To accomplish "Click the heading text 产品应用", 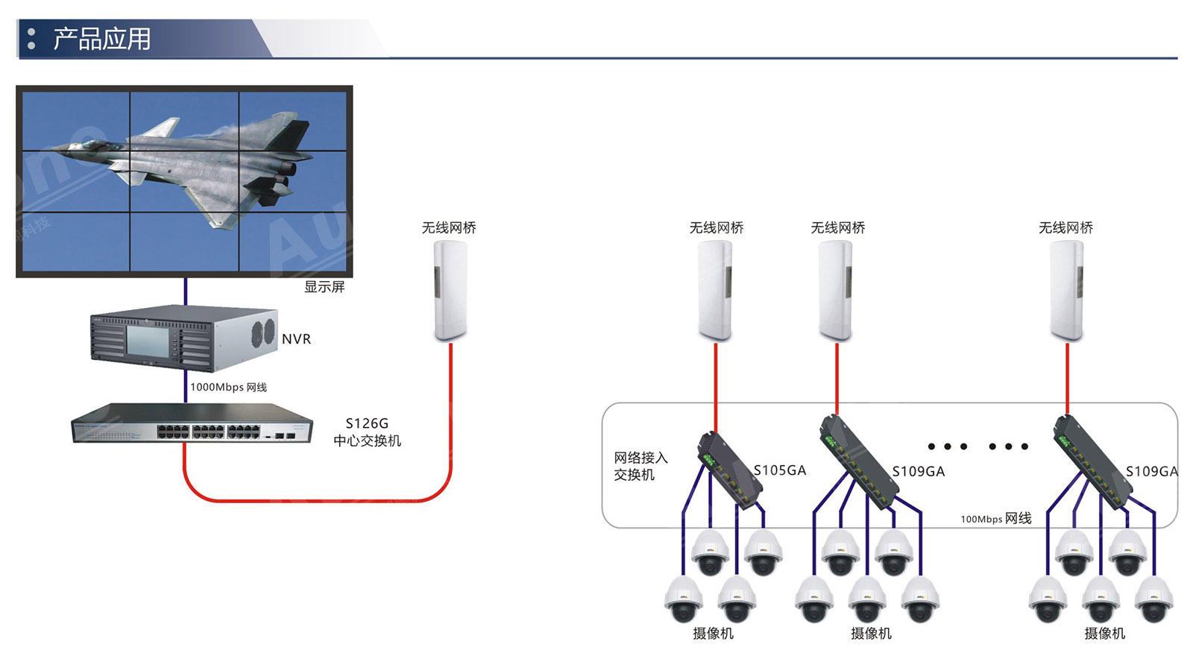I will pyautogui.click(x=101, y=39).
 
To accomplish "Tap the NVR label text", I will pyautogui.click(x=296, y=339).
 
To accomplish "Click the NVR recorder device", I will pyautogui.click(x=183, y=338).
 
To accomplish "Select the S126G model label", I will pyautogui.click(x=367, y=423).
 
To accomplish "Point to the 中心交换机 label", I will pyautogui.click(x=367, y=441).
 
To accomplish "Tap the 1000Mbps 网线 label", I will pyautogui.click(x=228, y=387).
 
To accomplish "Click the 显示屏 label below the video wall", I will pyautogui.click(x=324, y=287).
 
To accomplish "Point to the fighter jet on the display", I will pyautogui.click(x=216, y=164).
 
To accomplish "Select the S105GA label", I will pyautogui.click(x=780, y=470).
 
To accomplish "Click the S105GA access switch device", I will pyautogui.click(x=728, y=470).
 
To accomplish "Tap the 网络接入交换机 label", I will pyautogui.click(x=640, y=466).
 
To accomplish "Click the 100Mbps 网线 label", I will pyautogui.click(x=995, y=519).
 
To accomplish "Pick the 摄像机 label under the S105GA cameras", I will pyautogui.click(x=713, y=634).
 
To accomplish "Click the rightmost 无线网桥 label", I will pyautogui.click(x=1065, y=228).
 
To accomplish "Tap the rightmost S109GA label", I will pyautogui.click(x=1151, y=471).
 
